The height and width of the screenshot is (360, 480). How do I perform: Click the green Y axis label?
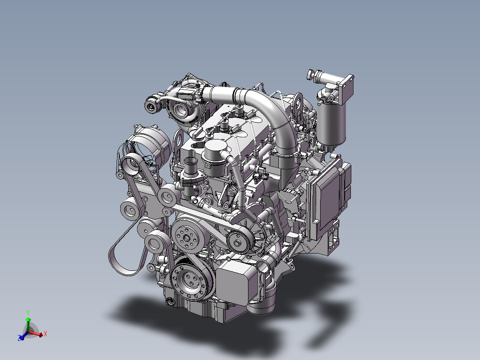pyautogui.click(x=28, y=313)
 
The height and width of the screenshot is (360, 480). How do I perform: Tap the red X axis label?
pyautogui.click(x=45, y=334)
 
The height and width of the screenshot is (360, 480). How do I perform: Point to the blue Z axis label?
pyautogui.click(x=19, y=338)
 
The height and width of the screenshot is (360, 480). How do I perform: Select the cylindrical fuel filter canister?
pyautogui.click(x=331, y=123)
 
